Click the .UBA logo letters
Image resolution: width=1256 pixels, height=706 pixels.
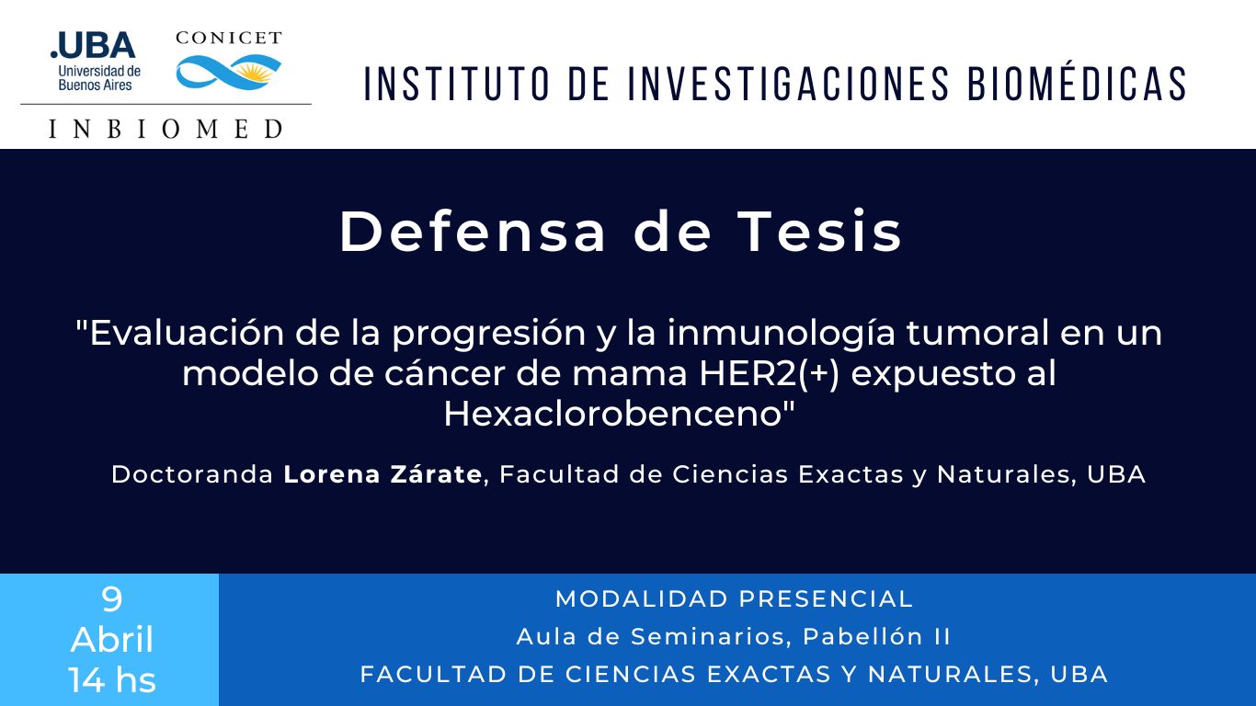coord(93,45)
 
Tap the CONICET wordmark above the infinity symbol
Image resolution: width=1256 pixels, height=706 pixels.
coord(229,38)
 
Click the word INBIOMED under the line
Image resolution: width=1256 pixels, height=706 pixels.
coord(166,129)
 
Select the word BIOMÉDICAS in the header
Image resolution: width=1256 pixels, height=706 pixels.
coord(1077,85)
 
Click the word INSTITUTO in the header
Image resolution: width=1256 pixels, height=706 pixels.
coord(457,85)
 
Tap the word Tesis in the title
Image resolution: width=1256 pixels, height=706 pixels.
coord(819,232)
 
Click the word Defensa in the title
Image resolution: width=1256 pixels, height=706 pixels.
coord(472,232)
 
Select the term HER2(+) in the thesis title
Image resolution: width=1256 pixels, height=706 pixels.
coord(770,373)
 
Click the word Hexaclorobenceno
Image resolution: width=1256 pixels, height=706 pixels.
coord(613,414)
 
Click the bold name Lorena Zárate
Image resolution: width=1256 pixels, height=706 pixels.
coord(383,474)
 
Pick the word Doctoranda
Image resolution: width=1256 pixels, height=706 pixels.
coord(192,474)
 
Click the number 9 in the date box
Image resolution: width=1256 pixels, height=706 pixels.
coord(111,598)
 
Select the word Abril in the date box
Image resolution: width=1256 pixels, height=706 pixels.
coord(111,639)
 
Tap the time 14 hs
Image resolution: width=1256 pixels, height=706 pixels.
coord(111,680)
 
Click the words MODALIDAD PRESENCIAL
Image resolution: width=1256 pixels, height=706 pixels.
coord(734,598)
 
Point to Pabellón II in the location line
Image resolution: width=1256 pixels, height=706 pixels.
coord(876,636)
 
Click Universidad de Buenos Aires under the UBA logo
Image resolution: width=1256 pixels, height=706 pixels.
coord(99,78)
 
